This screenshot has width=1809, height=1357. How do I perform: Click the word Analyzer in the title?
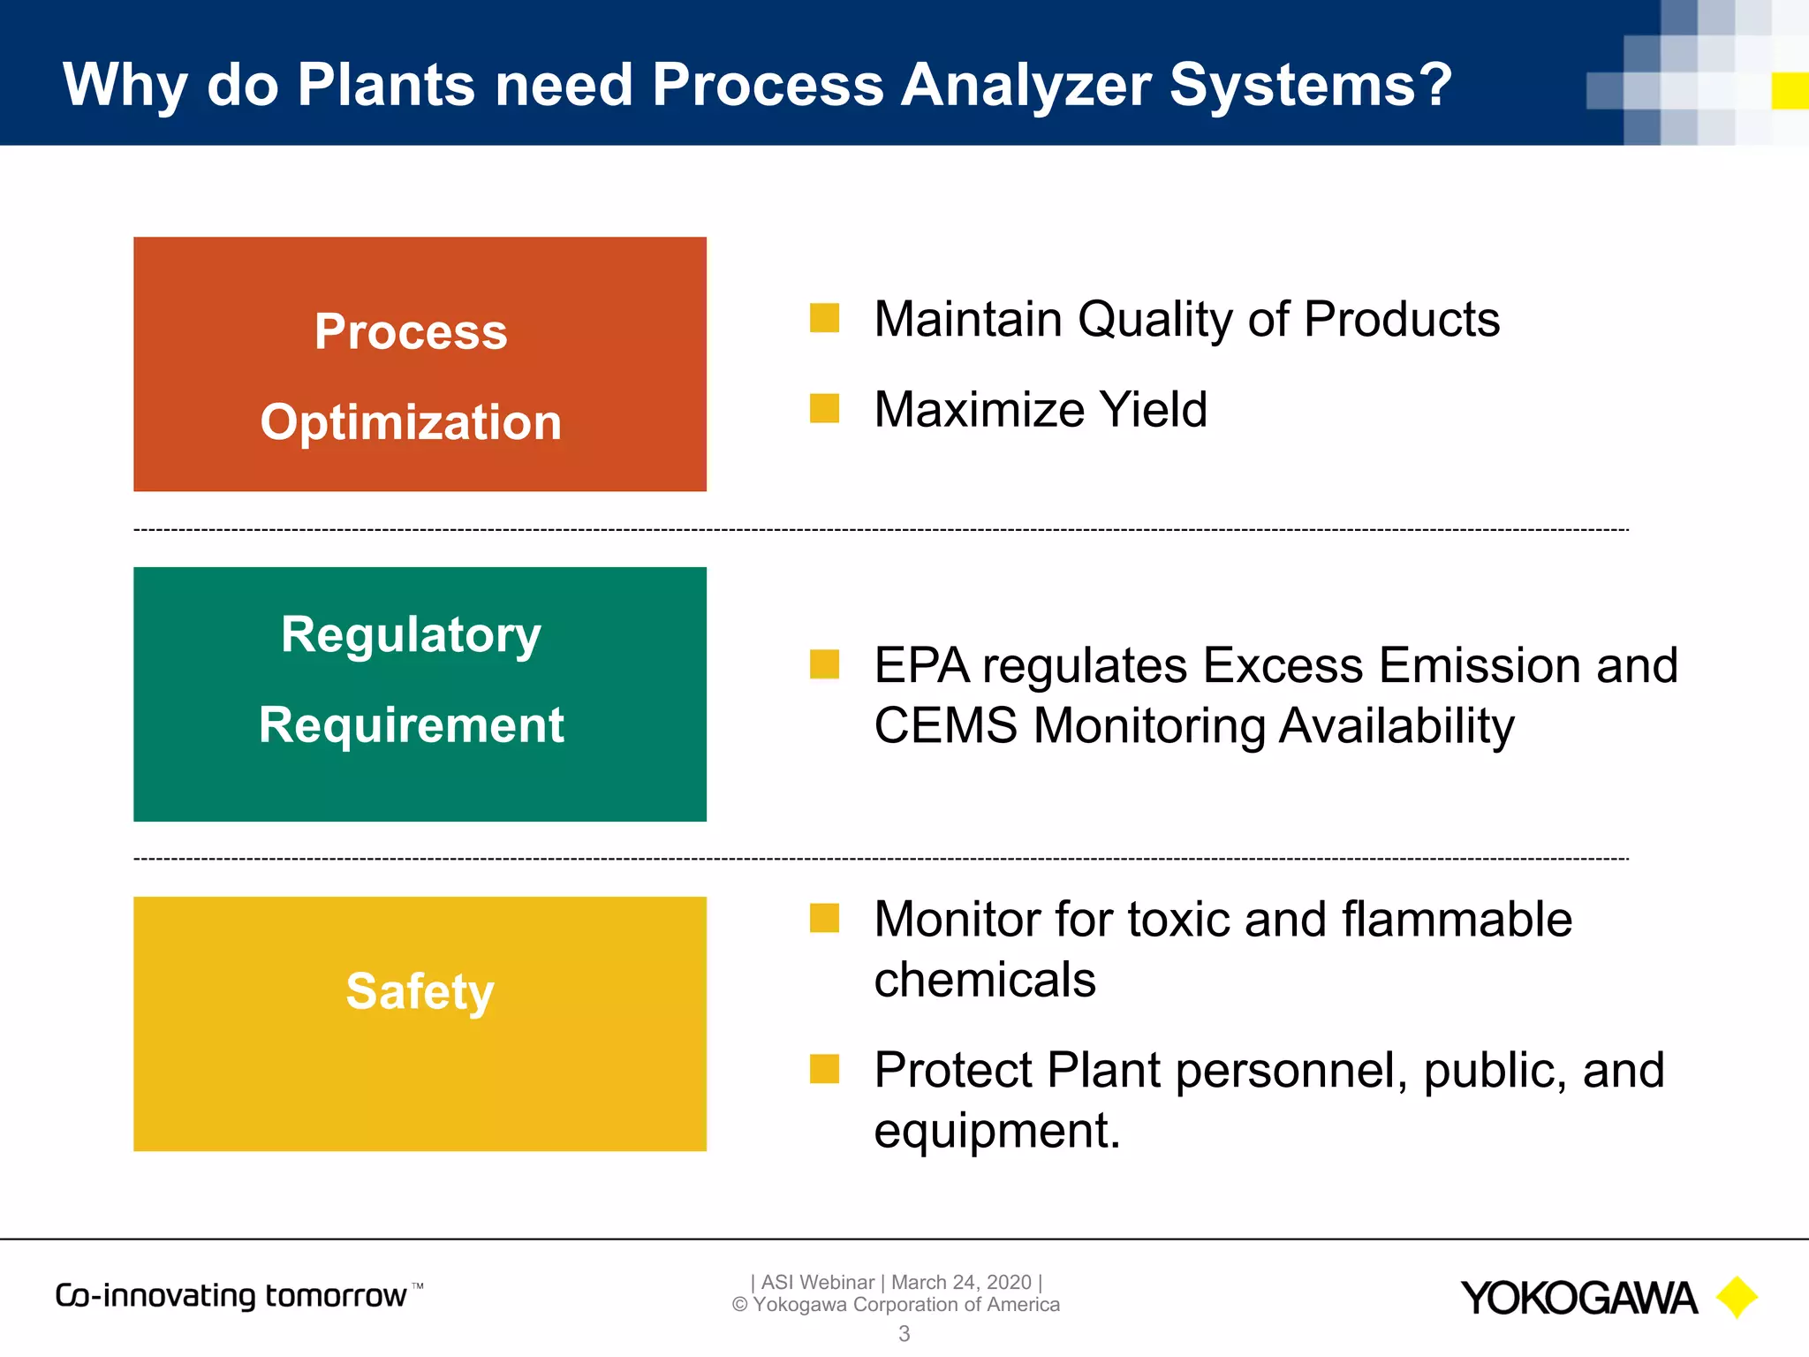click(1026, 86)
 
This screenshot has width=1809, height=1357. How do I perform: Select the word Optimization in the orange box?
click(411, 422)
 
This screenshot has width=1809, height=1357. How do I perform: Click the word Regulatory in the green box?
click(411, 634)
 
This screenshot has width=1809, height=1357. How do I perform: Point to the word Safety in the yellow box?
click(420, 990)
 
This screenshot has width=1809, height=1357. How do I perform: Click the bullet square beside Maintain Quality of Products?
click(824, 318)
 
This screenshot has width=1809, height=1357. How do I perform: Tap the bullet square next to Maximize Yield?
click(824, 409)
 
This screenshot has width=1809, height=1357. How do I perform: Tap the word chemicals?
click(985, 980)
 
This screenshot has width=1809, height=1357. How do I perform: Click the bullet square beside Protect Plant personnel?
click(824, 1069)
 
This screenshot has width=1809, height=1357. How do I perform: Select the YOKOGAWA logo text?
click(1578, 1299)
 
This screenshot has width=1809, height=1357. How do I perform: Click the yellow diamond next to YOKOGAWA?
click(1737, 1297)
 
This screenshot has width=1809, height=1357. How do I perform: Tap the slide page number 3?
click(904, 1334)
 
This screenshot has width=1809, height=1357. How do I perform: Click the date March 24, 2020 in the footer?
click(961, 1282)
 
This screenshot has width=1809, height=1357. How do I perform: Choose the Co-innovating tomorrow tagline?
click(231, 1296)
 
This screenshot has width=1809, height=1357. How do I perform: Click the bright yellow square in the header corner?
click(1790, 90)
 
